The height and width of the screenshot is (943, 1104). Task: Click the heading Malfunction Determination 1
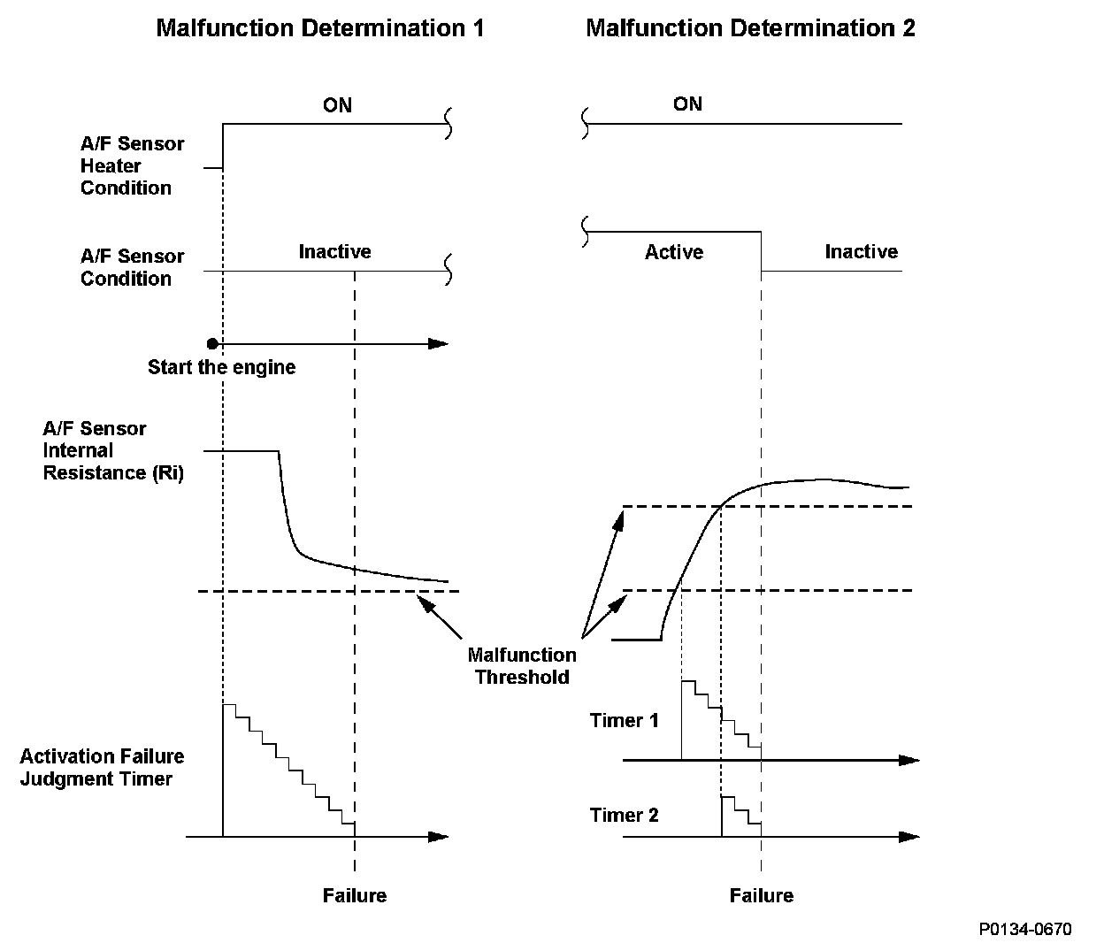click(x=320, y=28)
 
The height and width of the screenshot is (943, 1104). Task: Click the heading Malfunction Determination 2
click(x=750, y=28)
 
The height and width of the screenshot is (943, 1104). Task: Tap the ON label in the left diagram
click(x=337, y=105)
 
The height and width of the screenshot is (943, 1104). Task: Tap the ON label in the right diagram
click(x=687, y=103)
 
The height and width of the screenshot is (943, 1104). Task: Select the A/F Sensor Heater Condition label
click(x=132, y=165)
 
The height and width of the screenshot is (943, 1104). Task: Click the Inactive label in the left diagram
click(x=334, y=251)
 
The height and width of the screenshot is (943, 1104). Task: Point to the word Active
click(x=673, y=252)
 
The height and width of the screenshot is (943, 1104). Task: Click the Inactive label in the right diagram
click(x=861, y=251)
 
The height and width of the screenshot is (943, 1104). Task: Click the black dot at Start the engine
click(x=212, y=343)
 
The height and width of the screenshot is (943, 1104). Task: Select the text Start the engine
click(x=221, y=367)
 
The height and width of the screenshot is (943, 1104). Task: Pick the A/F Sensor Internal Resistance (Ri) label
click(x=112, y=450)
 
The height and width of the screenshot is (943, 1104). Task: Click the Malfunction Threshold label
click(x=521, y=666)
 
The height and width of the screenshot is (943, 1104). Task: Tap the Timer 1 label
click(x=624, y=720)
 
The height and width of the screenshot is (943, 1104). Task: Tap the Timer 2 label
click(x=624, y=815)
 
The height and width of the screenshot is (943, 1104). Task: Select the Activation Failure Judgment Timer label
click(x=102, y=767)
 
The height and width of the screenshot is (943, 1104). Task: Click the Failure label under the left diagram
click(x=354, y=895)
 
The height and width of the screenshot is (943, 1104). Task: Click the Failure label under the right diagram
click(x=761, y=895)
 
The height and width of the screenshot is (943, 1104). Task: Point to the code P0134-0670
click(x=1024, y=929)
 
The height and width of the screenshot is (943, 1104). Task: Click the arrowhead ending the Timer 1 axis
click(x=909, y=760)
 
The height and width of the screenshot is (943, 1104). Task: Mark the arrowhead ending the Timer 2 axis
click(x=909, y=836)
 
